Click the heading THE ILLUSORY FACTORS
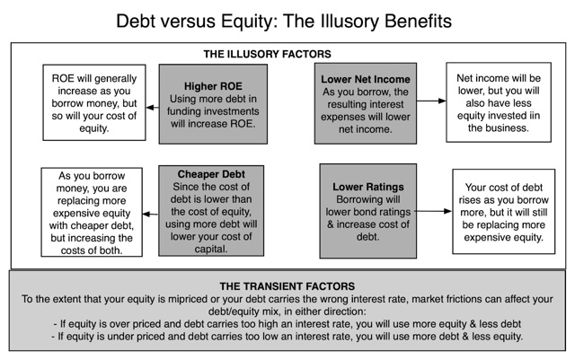tap(268, 54)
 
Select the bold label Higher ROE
tap(213, 86)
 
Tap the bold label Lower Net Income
tap(366, 79)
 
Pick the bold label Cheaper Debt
tap(211, 174)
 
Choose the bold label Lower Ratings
tap(368, 187)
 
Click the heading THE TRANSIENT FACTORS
tap(287, 286)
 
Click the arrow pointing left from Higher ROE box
tap(153, 108)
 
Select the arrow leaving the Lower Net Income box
tap(431, 101)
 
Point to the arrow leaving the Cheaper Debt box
tap(150, 214)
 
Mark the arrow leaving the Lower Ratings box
tap(433, 211)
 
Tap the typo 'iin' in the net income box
tap(535, 116)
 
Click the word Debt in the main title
tap(136, 22)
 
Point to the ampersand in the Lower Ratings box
tap(331, 224)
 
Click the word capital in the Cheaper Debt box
tap(211, 250)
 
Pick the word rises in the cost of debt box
tap(468, 200)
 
